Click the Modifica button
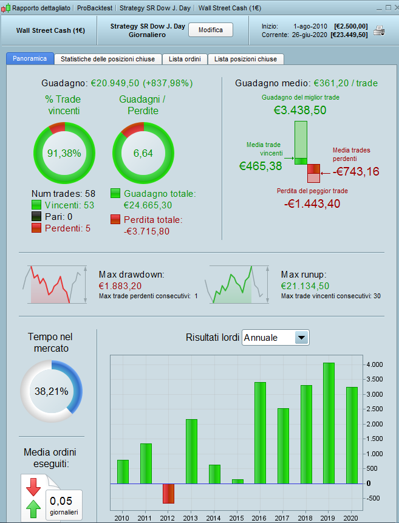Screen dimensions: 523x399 pos(211,30)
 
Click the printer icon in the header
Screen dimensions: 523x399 pos(379,30)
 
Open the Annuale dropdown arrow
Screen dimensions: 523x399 pos(301,338)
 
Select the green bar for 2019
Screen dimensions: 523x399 pos(329,423)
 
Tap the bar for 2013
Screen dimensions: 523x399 pos(191,451)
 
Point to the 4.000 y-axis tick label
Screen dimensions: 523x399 pos(373,364)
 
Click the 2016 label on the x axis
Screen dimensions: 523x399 pos(260,518)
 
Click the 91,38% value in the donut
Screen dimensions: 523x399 pos(64,153)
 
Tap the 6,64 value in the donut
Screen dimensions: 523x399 pos(143,153)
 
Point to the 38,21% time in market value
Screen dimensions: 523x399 pos(51,392)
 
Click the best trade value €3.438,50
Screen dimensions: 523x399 pos(300,110)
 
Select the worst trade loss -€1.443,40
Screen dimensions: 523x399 pos(312,203)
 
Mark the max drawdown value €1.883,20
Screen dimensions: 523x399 pos(120,285)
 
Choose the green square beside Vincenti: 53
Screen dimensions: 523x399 pos(36,205)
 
